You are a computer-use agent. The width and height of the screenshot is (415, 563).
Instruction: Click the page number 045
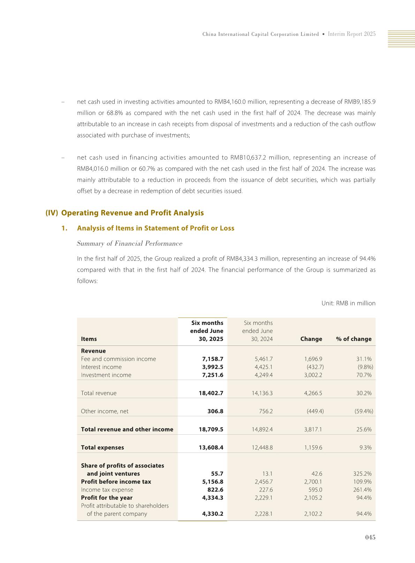click(370, 538)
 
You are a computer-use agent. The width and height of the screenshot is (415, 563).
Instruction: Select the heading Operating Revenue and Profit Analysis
click(132, 213)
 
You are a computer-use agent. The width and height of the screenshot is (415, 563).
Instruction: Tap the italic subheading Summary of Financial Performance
click(129, 244)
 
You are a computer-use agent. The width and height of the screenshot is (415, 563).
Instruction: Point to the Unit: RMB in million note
click(348, 303)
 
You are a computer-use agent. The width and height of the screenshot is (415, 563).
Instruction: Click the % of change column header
click(354, 339)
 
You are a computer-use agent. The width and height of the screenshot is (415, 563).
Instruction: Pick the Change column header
click(311, 339)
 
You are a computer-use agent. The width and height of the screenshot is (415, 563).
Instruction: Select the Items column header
click(89, 339)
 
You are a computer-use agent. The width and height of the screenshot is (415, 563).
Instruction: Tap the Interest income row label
click(101, 367)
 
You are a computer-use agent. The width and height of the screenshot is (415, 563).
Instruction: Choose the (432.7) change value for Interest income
click(315, 367)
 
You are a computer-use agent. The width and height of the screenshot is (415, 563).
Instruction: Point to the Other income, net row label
click(105, 411)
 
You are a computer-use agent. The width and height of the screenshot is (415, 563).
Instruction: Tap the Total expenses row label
click(102, 448)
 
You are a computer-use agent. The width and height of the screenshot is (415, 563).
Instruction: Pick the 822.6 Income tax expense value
click(215, 490)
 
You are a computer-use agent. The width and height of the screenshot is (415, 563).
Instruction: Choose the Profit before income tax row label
click(116, 482)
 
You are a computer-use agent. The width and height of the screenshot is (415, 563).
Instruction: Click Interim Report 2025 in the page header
click(352, 34)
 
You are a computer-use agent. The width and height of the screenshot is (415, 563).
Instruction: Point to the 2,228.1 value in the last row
click(264, 514)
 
